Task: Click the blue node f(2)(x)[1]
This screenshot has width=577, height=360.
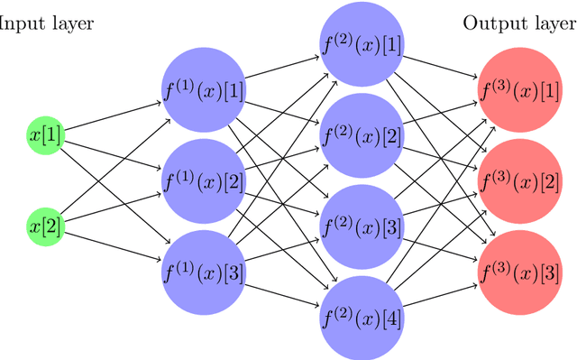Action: (361, 45)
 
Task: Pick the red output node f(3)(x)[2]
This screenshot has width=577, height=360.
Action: (518, 180)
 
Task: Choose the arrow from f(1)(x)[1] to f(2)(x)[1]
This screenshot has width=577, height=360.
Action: (281, 69)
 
